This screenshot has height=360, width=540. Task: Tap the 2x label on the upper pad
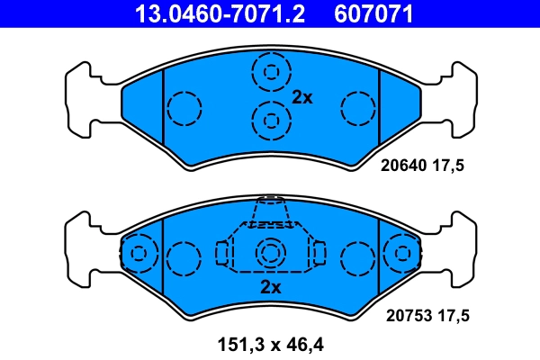(x=301, y=98)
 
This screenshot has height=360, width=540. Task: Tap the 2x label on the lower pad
(x=271, y=287)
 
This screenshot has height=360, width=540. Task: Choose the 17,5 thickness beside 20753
(x=456, y=316)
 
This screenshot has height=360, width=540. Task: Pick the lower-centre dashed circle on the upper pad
(x=270, y=120)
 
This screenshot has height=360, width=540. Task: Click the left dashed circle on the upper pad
(x=184, y=109)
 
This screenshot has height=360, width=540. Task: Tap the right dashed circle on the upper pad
(x=356, y=109)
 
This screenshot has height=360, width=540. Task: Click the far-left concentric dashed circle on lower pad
(x=139, y=254)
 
